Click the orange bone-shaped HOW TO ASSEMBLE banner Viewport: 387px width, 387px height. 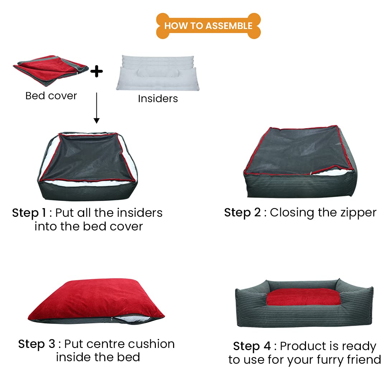click(x=208, y=26)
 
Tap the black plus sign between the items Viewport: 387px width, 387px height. click(x=96, y=71)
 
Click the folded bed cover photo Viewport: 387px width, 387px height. click(x=50, y=70)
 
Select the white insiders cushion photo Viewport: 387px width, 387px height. click(x=158, y=73)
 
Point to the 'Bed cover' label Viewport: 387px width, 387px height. click(x=51, y=96)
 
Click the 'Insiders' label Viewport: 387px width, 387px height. click(x=158, y=99)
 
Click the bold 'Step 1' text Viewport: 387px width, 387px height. click(x=29, y=213)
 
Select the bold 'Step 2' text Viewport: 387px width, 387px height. click(x=242, y=212)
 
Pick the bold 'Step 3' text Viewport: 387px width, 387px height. click(x=37, y=344)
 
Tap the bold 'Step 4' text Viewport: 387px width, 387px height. click(x=252, y=347)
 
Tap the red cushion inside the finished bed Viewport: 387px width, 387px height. click(x=303, y=298)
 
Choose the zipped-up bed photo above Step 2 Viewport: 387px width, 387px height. click(x=298, y=162)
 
